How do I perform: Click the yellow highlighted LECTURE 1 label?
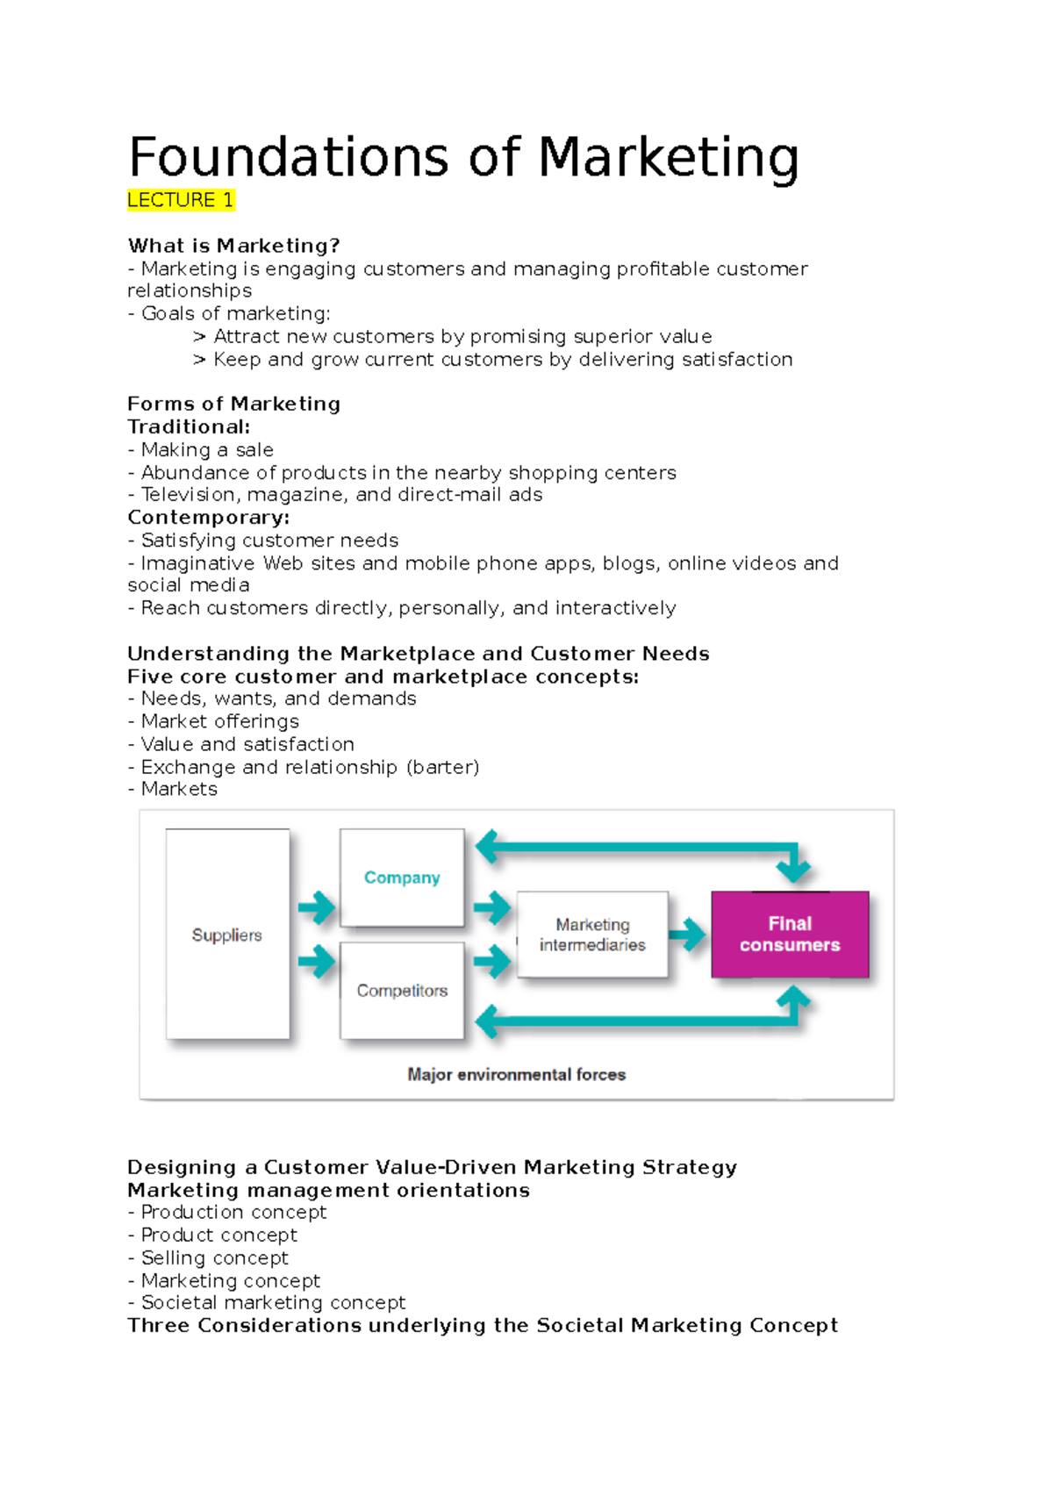click(181, 200)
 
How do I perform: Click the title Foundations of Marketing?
click(463, 158)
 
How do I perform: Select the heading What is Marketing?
click(233, 246)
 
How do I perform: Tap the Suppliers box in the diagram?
click(227, 935)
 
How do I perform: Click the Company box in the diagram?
click(402, 878)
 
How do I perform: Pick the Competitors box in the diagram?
click(402, 991)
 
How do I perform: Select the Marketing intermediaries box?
click(592, 935)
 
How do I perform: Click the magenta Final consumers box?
click(790, 935)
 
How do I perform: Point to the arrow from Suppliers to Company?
click(316, 907)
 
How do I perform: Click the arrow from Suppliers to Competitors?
click(316, 962)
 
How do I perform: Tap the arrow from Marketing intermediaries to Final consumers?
click(689, 935)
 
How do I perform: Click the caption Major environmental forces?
click(516, 1075)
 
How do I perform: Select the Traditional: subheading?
click(189, 427)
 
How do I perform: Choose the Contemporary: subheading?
click(209, 518)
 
